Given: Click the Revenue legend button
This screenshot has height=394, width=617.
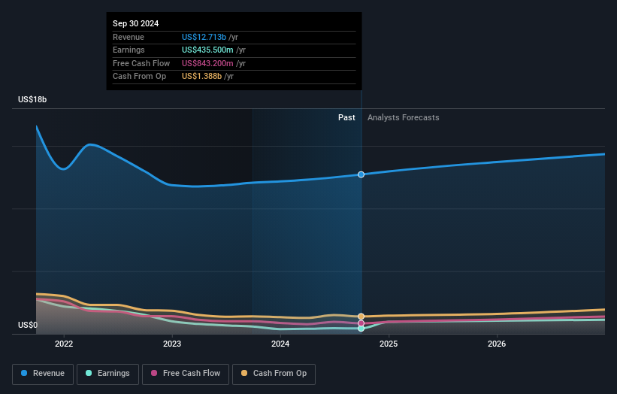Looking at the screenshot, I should (x=43, y=373).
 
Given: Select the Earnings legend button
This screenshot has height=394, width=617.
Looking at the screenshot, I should (x=107, y=373).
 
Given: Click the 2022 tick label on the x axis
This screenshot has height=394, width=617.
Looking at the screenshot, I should (x=64, y=344).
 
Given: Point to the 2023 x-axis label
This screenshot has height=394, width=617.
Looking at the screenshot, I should (x=172, y=344).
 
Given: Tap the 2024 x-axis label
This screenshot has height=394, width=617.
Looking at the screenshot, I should (x=280, y=344).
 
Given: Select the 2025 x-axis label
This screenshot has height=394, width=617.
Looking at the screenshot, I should (x=389, y=344).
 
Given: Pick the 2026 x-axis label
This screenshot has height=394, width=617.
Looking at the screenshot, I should (x=497, y=344).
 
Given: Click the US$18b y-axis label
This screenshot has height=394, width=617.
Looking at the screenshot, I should (x=33, y=99).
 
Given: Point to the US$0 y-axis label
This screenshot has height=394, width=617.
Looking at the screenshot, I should (x=28, y=326).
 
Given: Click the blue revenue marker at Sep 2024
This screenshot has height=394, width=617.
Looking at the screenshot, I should (x=361, y=174).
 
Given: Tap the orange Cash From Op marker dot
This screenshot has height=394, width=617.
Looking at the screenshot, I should (x=361, y=317).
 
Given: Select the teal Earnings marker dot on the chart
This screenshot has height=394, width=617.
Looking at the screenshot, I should (x=361, y=329).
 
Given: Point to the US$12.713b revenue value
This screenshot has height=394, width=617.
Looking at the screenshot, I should (x=204, y=37).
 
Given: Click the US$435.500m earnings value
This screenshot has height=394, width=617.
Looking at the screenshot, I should (x=207, y=50).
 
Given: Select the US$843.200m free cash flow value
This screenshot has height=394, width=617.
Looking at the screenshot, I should (x=207, y=63).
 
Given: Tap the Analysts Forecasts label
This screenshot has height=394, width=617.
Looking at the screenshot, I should (x=403, y=117).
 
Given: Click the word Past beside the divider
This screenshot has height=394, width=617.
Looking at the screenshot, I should (x=346, y=117).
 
